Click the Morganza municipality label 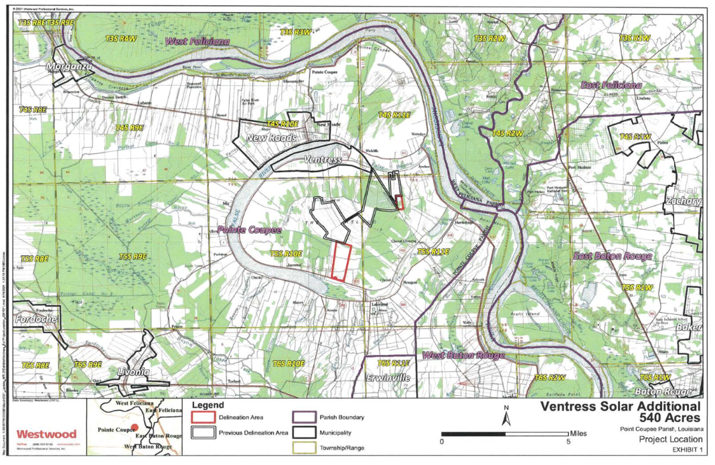[x=68, y=68]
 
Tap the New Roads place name [x=271, y=138]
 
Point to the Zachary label [x=684, y=201]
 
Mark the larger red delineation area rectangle [x=341, y=261]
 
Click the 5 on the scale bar [x=568, y=442]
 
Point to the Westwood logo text [x=46, y=434]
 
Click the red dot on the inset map [x=135, y=427]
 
